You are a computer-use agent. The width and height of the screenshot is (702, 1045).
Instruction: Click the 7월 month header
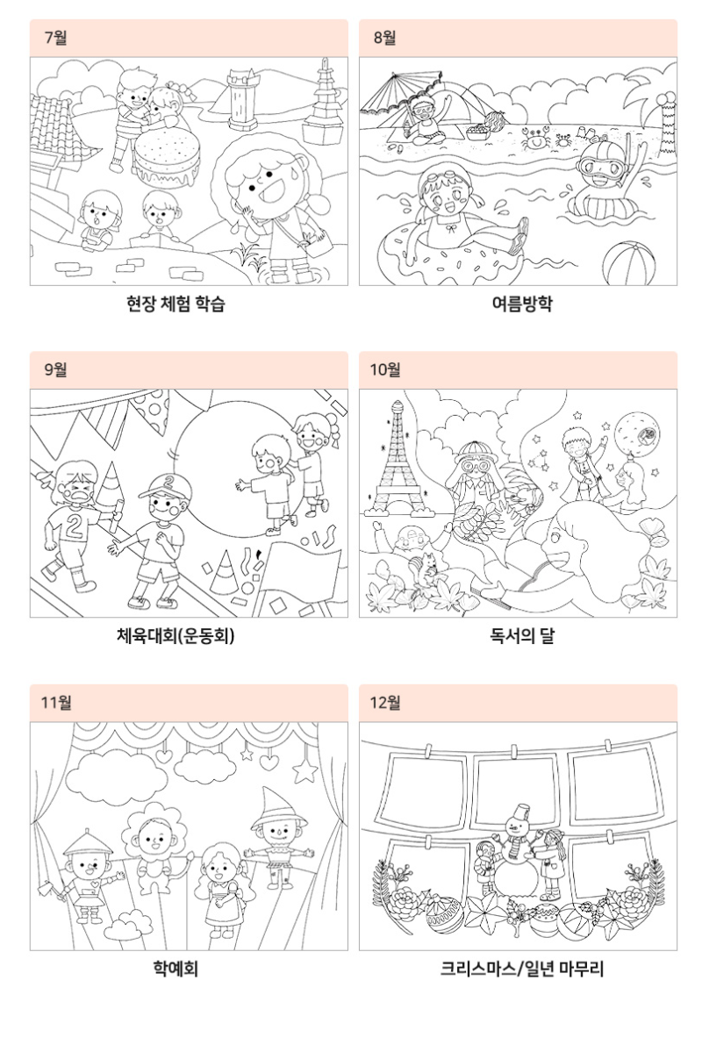(x=56, y=38)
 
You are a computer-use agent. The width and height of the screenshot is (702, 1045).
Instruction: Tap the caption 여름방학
(x=521, y=304)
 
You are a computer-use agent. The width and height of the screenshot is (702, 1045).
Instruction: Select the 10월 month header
(x=385, y=369)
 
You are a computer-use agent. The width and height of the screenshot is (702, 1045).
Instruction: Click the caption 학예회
(x=175, y=968)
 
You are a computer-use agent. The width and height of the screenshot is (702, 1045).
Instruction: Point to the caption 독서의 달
(x=521, y=636)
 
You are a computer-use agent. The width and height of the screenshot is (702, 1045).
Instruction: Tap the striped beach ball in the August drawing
(x=628, y=264)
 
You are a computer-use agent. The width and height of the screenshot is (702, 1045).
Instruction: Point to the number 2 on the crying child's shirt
(x=75, y=526)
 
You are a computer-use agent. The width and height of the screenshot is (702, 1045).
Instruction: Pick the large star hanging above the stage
(x=305, y=770)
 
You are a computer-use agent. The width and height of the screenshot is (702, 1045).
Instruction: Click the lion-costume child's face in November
(x=154, y=835)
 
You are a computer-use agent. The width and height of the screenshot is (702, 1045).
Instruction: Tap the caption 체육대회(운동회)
(x=175, y=636)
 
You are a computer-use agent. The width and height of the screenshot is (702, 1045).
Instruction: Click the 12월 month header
(x=385, y=702)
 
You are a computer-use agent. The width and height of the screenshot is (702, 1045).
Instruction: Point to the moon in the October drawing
(x=636, y=433)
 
